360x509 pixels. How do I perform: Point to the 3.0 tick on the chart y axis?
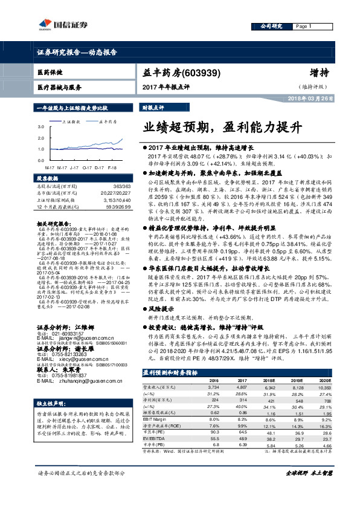point(40,127)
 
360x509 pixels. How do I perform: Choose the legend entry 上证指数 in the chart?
point(72,121)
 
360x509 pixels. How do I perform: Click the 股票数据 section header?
point(48,179)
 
